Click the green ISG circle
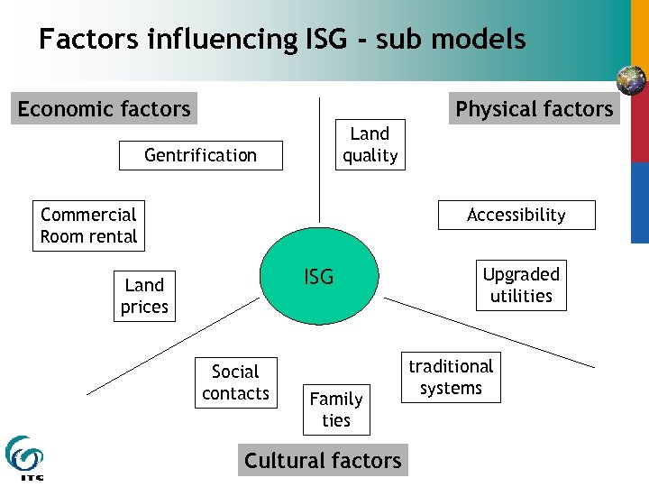[319, 277]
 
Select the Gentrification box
[200, 155]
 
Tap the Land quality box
[370, 144]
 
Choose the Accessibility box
[516, 215]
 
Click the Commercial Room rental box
[88, 225]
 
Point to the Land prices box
[144, 296]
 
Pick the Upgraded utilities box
[521, 285]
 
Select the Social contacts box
[235, 382]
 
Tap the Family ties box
[335, 409]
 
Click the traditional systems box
[451, 377]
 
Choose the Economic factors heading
[105, 109]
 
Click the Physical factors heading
[534, 109]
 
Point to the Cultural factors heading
[323, 460]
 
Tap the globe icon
[632, 80]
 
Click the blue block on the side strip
[639, 202]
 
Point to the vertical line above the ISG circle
[318, 162]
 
